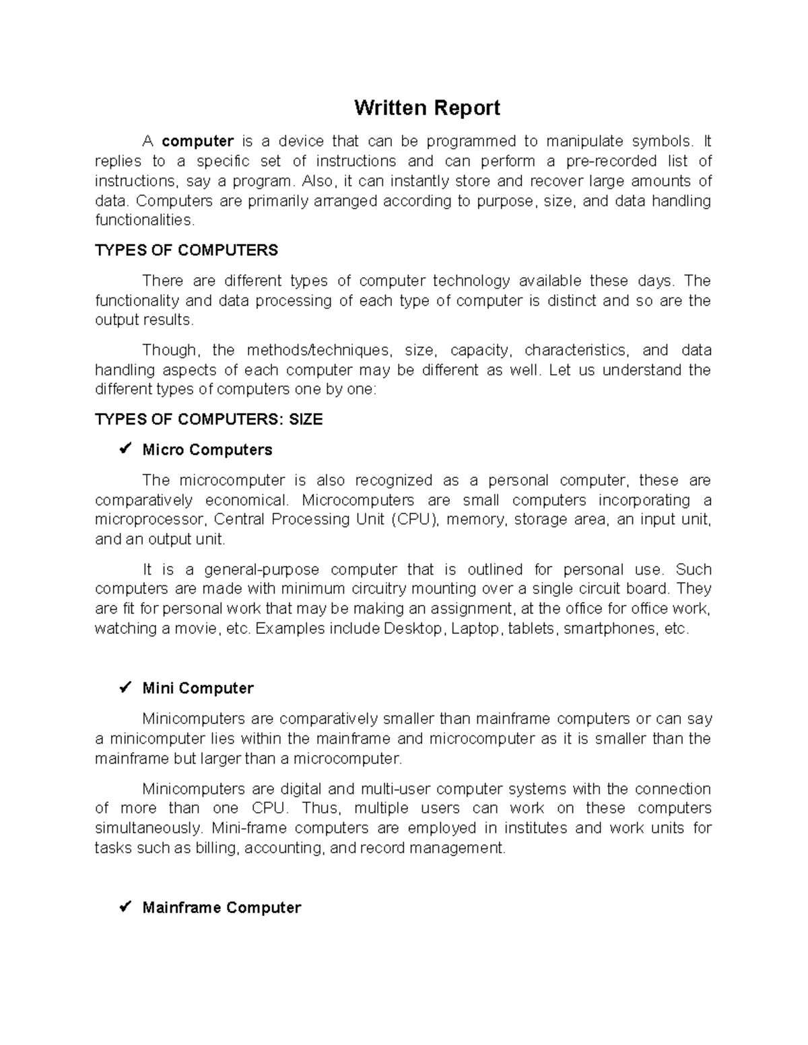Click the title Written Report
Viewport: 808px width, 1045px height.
427,108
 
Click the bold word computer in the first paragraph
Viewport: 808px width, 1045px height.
198,141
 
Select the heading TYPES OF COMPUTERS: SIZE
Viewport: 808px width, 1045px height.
209,419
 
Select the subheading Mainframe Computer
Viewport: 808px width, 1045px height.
222,908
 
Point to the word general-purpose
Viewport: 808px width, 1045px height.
262,569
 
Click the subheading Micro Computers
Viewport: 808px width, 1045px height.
207,449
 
